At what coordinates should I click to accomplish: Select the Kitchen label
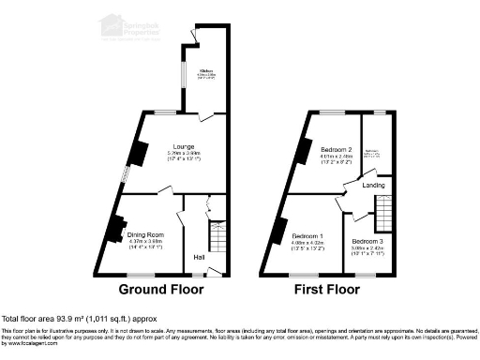205,70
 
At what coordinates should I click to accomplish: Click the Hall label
199,257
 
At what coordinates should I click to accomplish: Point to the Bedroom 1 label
307,235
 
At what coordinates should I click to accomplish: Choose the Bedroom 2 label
335,149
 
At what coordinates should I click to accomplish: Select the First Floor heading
327,289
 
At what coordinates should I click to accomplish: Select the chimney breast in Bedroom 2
304,149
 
